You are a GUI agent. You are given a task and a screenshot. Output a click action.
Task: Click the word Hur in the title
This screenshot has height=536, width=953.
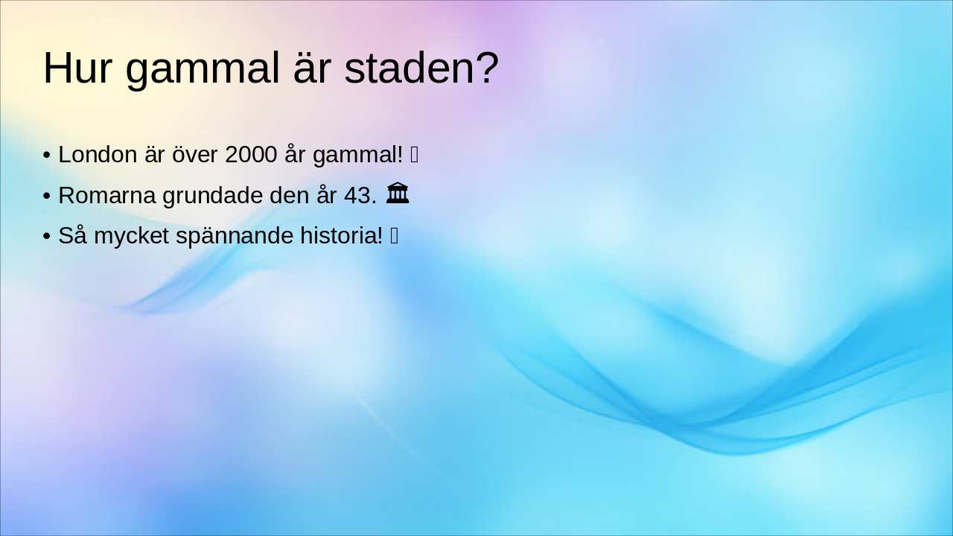(x=77, y=68)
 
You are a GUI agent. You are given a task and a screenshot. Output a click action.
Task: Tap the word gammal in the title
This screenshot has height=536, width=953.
(x=198, y=68)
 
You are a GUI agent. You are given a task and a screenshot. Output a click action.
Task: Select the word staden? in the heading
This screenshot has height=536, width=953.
(x=421, y=68)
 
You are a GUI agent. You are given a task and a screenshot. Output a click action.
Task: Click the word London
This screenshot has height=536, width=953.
(x=98, y=155)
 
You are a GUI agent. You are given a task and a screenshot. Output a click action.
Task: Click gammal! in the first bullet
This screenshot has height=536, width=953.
(x=357, y=155)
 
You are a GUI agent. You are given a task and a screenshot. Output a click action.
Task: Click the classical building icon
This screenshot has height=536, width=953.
(x=398, y=194)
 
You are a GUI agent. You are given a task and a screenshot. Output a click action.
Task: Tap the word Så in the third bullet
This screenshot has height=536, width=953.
(x=72, y=236)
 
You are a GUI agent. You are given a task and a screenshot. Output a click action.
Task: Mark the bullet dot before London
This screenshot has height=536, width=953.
(x=46, y=156)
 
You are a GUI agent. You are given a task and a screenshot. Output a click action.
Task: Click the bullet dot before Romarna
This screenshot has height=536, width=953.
(x=46, y=197)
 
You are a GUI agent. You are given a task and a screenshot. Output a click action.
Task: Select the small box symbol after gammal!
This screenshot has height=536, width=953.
(x=415, y=155)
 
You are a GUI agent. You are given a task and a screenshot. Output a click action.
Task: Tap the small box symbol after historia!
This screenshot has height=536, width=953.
(x=395, y=236)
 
